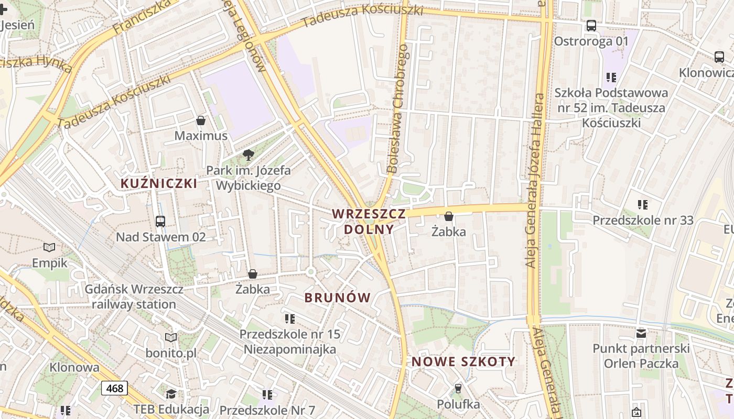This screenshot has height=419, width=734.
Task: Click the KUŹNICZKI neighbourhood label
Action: tap(159, 183)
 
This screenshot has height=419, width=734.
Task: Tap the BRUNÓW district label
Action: tap(338, 297)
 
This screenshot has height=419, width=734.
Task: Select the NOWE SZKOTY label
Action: tap(463, 361)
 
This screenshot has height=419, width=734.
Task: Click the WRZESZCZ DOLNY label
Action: tap(369, 221)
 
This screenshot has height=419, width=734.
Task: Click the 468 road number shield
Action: tap(114, 388)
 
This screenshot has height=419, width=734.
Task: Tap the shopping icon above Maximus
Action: tap(200, 121)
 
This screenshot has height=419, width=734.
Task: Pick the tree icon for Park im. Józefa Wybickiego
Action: tap(249, 155)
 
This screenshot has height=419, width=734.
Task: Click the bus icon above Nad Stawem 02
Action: tap(160, 222)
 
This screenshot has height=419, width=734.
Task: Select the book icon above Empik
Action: tap(49, 247)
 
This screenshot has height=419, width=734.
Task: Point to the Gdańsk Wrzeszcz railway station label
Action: tap(134, 296)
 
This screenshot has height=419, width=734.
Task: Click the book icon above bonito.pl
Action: tap(171, 337)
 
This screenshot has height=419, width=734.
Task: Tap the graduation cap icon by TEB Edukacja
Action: tap(171, 394)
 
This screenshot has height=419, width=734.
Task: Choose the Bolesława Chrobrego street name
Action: tap(397, 109)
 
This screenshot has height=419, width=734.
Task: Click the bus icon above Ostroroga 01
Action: tap(591, 25)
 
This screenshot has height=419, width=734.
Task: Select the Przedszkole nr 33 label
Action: tap(643, 220)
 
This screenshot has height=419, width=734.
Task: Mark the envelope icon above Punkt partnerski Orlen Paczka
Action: tap(641, 333)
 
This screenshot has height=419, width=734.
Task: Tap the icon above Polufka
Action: tap(458, 388)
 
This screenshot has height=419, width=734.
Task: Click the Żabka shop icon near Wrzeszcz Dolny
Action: tap(449, 216)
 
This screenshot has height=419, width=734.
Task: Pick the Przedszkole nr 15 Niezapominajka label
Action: tap(290, 341)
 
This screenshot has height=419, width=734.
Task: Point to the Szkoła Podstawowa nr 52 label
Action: tap(611, 108)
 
